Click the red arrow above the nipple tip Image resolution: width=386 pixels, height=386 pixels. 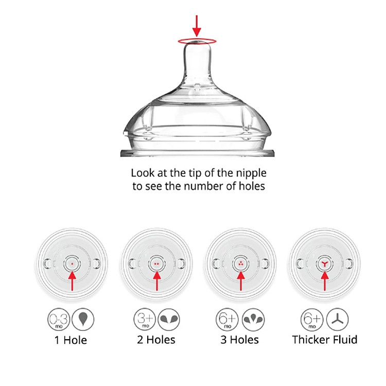tap(197, 26)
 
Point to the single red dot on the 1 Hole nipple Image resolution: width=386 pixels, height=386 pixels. tap(72, 264)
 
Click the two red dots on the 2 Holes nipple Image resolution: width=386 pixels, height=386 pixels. tap(156, 264)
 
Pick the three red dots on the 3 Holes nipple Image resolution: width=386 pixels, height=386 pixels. tap(241, 264)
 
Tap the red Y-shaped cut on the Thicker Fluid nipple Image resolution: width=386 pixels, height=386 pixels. tap(325, 264)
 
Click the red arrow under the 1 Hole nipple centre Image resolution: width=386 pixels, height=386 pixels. tap(72, 281)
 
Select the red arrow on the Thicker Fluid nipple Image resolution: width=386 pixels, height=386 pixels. tap(325, 281)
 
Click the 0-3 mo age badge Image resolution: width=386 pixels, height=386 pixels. tap(59, 319)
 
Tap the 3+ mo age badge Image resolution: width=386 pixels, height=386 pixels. tap(145, 319)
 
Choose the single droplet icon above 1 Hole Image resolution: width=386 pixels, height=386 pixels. tap(83, 319)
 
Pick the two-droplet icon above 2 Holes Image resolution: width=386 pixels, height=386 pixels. tap(169, 319)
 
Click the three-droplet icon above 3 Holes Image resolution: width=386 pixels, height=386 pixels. tap(253, 319)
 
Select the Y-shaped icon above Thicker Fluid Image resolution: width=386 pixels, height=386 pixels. tap(337, 319)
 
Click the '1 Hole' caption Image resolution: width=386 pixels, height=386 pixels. tap(71, 340)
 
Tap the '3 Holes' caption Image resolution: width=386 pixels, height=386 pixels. tap(239, 340)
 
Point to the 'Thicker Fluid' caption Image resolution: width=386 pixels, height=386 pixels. tap(325, 340)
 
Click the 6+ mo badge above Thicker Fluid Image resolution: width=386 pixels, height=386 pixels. tap(312, 319)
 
